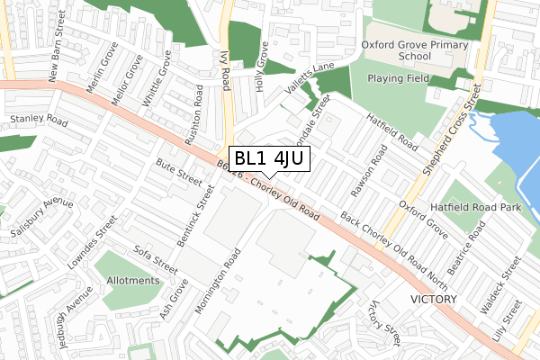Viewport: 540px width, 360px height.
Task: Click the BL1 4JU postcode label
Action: [271, 159]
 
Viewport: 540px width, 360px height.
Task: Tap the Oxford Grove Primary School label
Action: [410, 49]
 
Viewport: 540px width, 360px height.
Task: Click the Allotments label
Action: [127, 281]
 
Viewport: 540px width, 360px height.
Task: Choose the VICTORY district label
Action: [433, 299]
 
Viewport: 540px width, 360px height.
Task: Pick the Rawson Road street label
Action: [371, 171]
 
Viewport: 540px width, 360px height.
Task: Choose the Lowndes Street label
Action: [88, 243]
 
